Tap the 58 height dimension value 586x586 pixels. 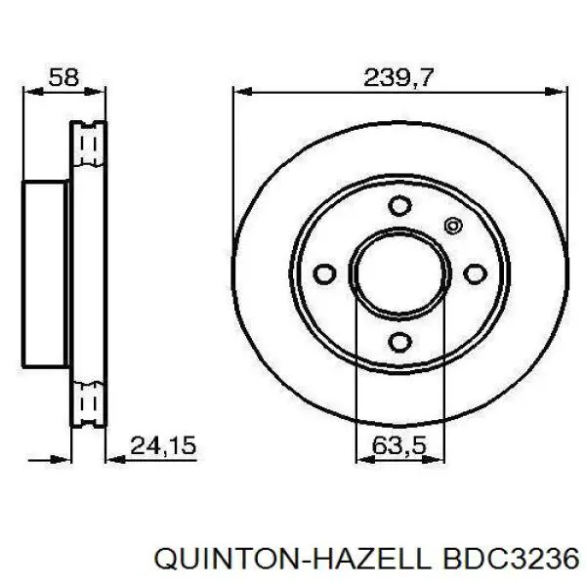click(63, 78)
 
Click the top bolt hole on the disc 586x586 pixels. click(399, 206)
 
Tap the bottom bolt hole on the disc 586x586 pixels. click(399, 341)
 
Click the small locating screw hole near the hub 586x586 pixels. click(452, 227)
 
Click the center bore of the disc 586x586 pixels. click(399, 273)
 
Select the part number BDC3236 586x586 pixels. click(507, 558)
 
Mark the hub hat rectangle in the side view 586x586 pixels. click(47, 273)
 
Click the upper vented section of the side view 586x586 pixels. click(88, 151)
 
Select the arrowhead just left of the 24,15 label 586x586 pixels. click(109, 455)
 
